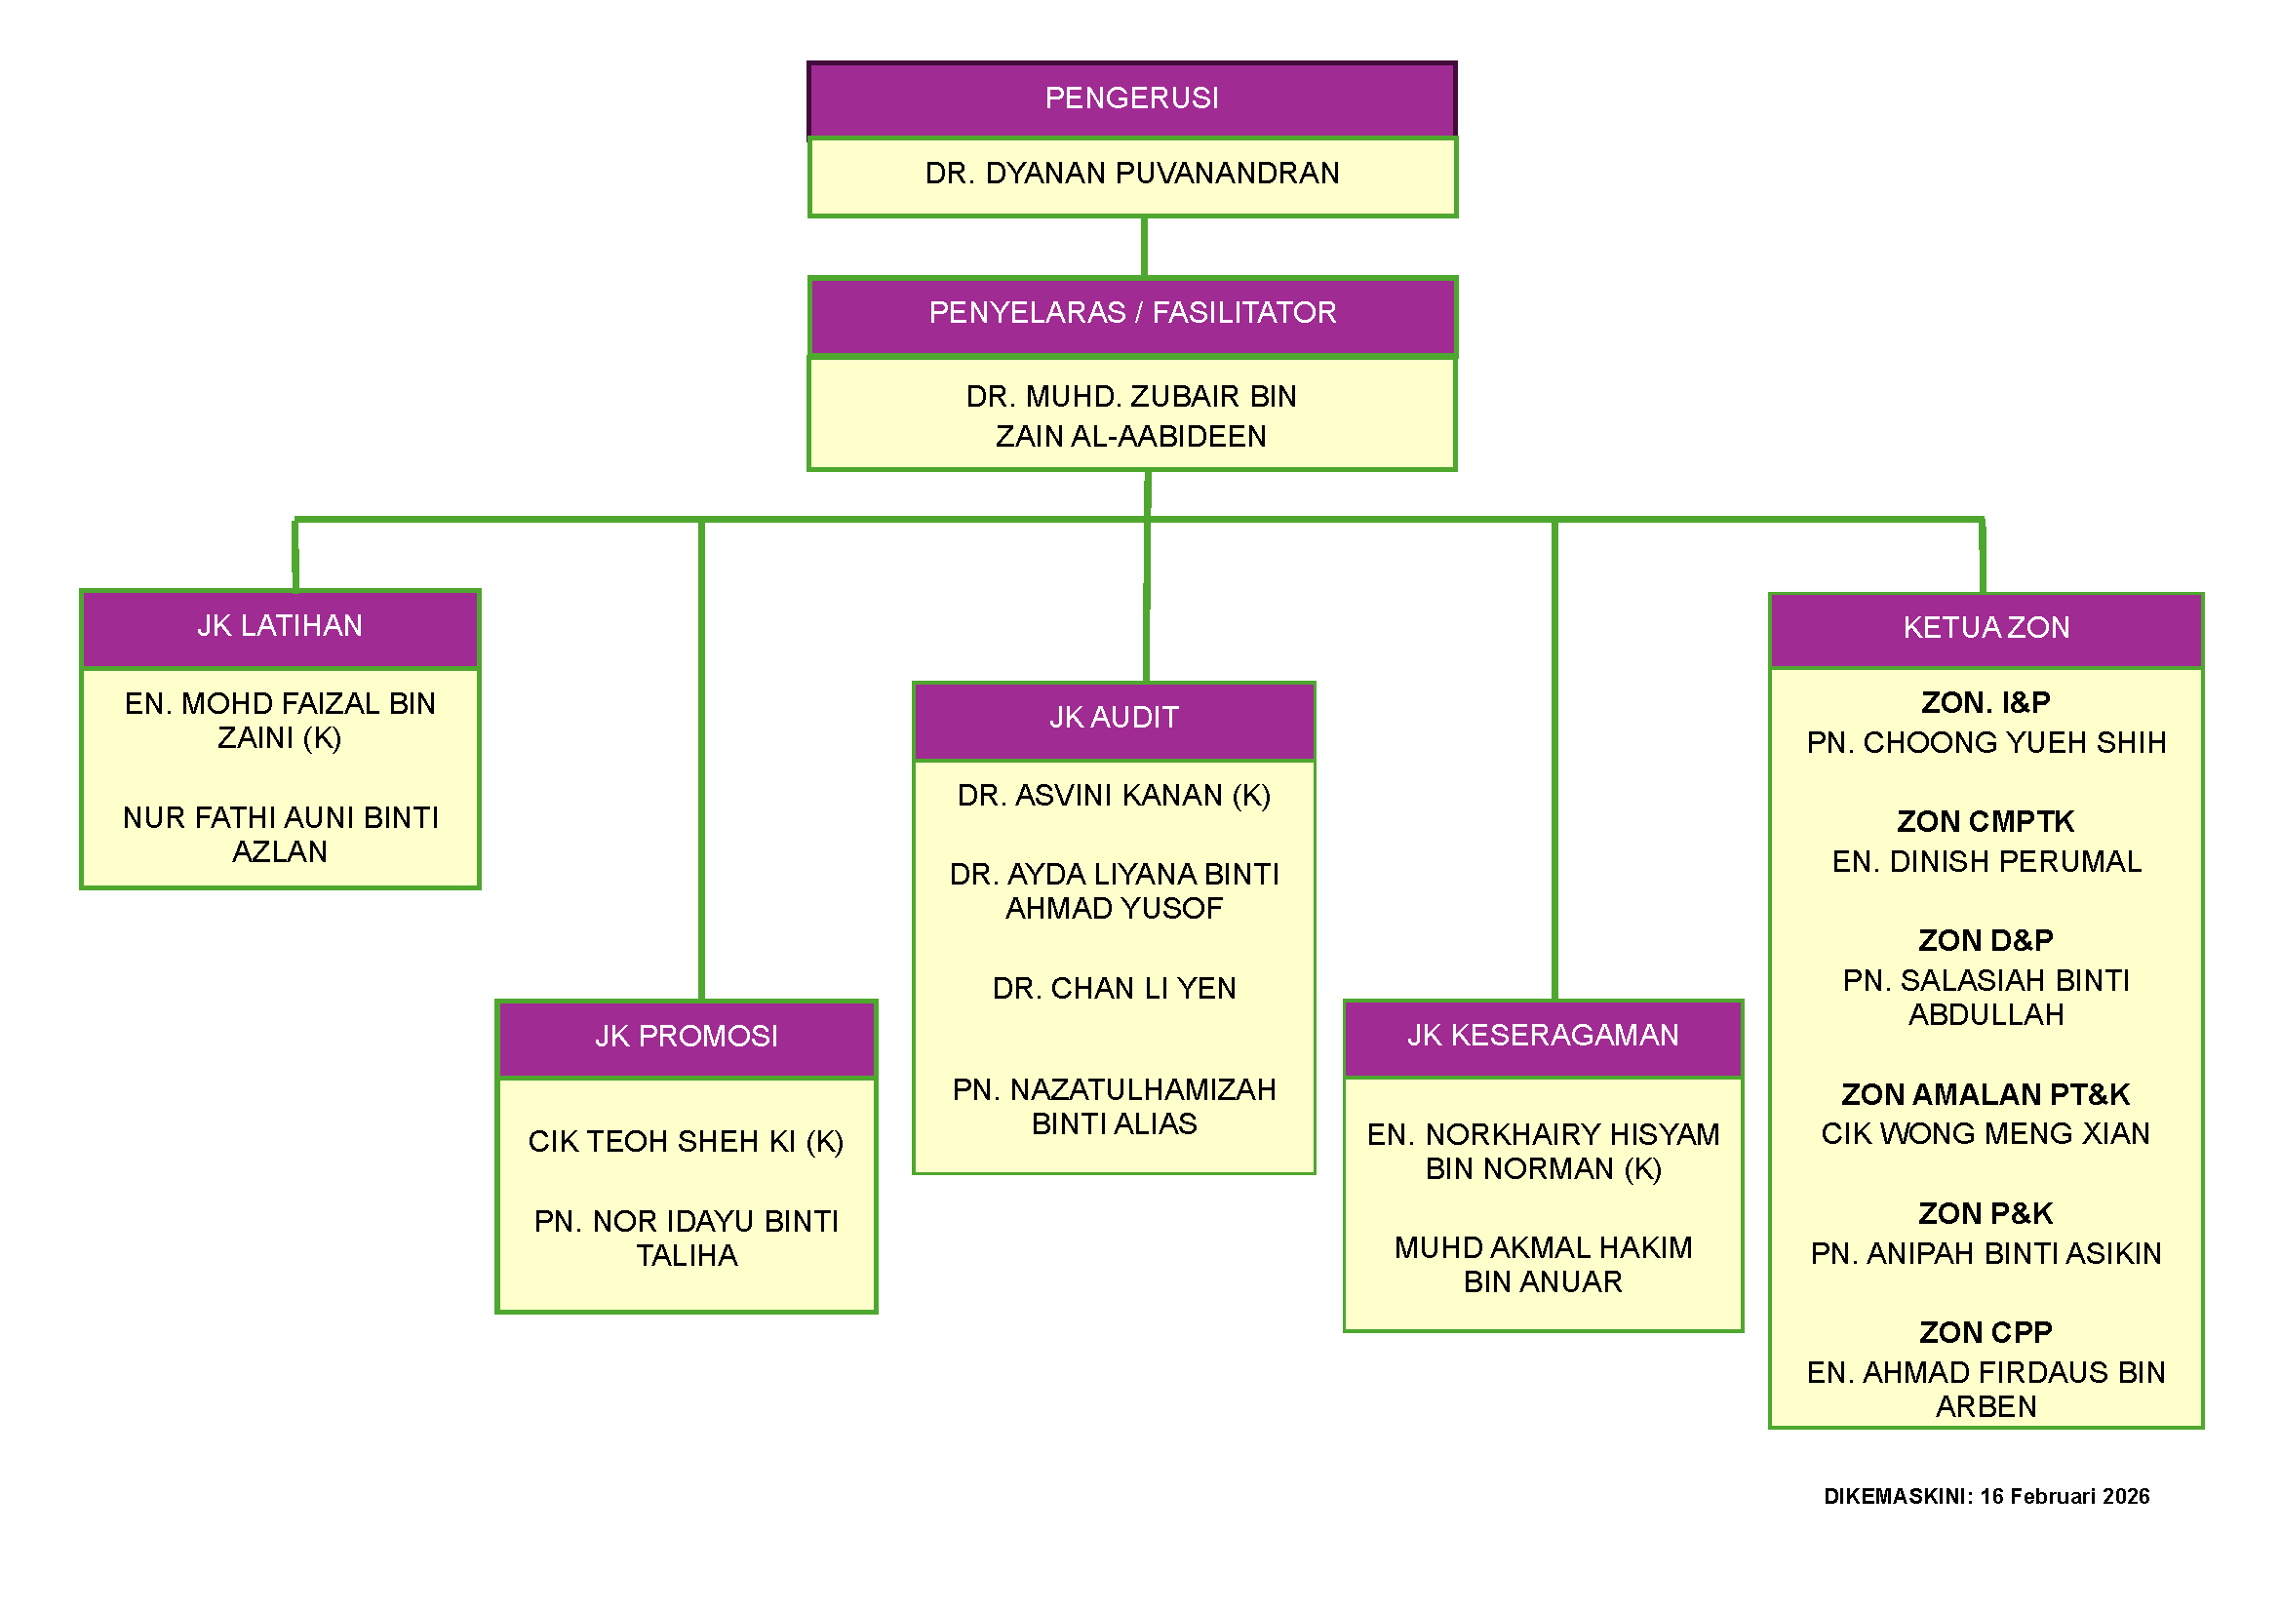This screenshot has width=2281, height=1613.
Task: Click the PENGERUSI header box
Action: pyautogui.click(x=1131, y=98)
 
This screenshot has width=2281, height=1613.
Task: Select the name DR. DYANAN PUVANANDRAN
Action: pyautogui.click(x=1131, y=174)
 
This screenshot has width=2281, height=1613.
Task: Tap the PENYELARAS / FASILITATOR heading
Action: pyautogui.click(x=1131, y=313)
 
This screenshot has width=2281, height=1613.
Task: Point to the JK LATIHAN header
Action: pyautogui.click(x=279, y=626)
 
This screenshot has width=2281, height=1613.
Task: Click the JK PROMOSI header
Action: pyautogui.click(x=686, y=1036)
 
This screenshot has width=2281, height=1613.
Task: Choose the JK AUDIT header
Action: pyautogui.click(x=1114, y=717)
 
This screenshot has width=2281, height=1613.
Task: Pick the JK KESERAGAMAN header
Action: pyautogui.click(x=1542, y=1035)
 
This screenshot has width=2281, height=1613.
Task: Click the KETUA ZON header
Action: pyautogui.click(x=1985, y=628)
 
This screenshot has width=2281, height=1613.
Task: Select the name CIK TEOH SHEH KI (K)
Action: pyautogui.click(x=686, y=1141)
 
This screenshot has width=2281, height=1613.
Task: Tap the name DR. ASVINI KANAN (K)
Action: pyautogui.click(x=1114, y=796)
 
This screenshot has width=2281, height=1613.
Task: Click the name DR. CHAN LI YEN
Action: pyautogui.click(x=1114, y=988)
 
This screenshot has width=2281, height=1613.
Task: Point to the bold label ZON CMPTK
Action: pyautogui.click(x=1985, y=821)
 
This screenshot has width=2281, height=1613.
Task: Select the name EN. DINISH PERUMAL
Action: pyautogui.click(x=1985, y=861)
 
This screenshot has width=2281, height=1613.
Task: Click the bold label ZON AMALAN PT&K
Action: pyautogui.click(x=1985, y=1094)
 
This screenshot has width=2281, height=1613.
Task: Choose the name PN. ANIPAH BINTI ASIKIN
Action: pyautogui.click(x=1985, y=1253)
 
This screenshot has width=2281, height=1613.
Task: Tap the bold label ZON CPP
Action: pyautogui.click(x=1985, y=1332)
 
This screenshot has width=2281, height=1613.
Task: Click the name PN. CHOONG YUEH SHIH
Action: pyautogui.click(x=1985, y=742)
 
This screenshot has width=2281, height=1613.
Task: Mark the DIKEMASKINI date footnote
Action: pyautogui.click(x=1985, y=1496)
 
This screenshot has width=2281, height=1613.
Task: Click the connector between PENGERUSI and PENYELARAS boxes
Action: pyautogui.click(x=1145, y=247)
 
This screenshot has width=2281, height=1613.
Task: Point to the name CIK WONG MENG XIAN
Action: pyautogui.click(x=1985, y=1133)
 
